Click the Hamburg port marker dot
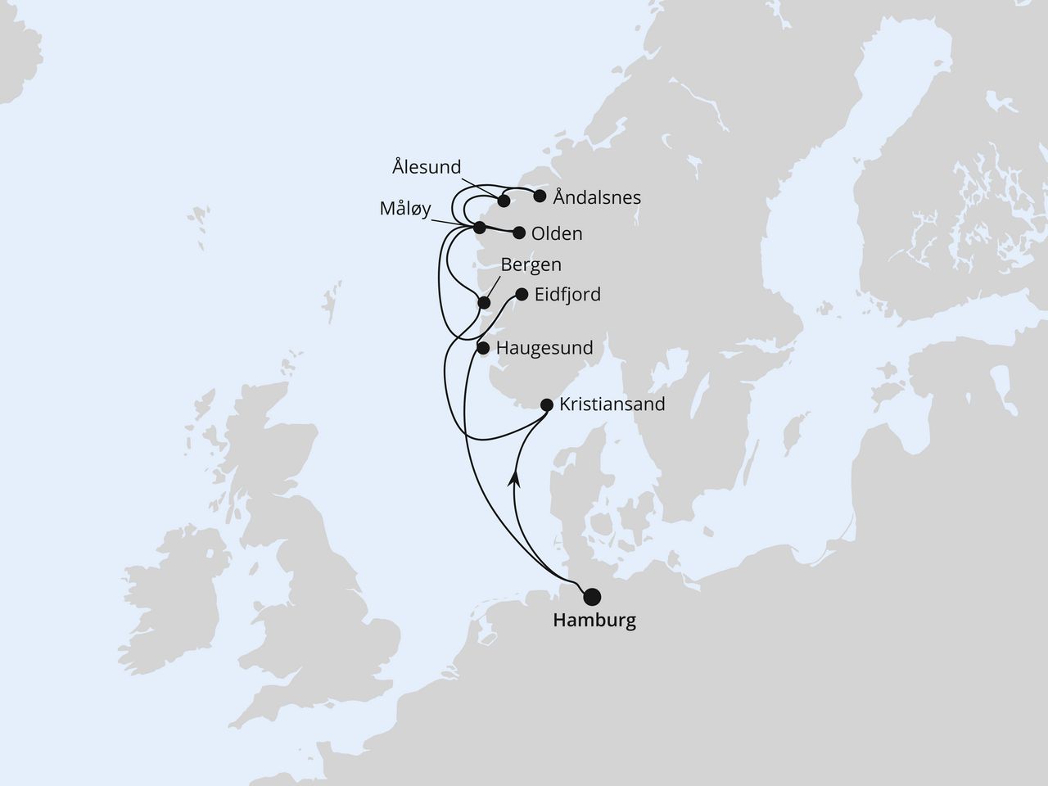(590, 597)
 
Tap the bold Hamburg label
(594, 621)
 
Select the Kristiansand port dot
(547, 404)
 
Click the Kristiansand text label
(612, 404)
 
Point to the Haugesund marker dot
(483, 348)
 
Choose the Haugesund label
(544, 348)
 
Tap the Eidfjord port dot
(522, 295)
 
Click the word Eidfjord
(567, 295)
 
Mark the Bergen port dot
(484, 302)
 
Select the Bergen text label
(531, 264)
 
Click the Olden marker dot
(518, 233)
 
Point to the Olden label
(557, 234)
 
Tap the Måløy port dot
(480, 227)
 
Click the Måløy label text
(405, 209)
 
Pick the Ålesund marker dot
(504, 201)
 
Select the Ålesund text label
(427, 168)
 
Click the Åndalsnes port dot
(540, 196)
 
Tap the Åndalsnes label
(597, 197)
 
